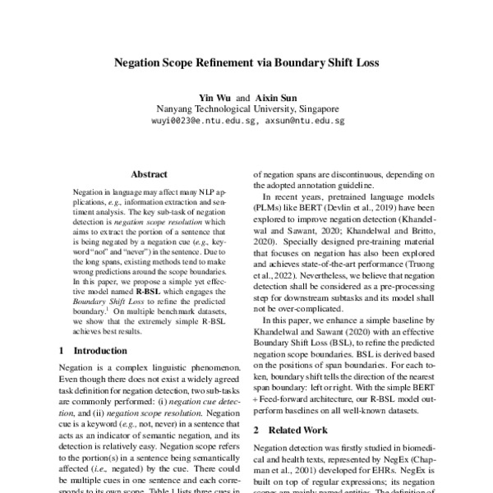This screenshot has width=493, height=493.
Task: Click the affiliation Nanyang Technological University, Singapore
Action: coord(247,108)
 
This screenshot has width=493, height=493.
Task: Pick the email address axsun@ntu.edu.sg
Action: coord(305,120)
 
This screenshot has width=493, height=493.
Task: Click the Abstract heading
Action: coord(149,174)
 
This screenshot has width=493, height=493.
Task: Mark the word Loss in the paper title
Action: coord(364,61)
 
